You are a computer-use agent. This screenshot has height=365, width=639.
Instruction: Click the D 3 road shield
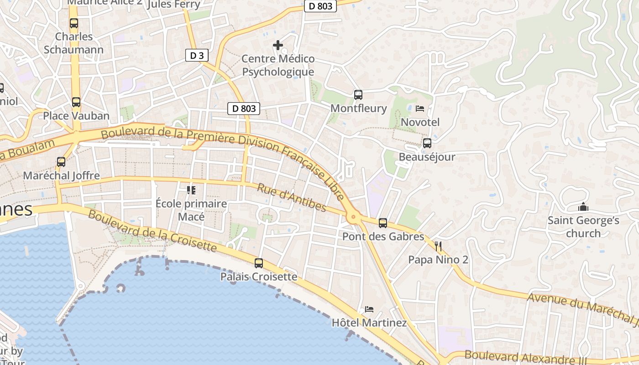(197, 56)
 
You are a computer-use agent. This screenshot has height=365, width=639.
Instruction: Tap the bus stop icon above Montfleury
(358, 95)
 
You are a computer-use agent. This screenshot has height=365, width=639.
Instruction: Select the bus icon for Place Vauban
(76, 102)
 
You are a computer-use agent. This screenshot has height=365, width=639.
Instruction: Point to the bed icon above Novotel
(420, 109)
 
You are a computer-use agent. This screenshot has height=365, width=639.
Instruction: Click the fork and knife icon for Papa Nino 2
(438, 246)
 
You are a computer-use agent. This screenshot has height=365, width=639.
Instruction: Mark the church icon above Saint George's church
(583, 207)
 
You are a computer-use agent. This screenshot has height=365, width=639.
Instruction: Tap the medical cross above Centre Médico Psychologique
(278, 45)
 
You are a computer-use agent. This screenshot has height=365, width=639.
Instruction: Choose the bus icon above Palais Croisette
(259, 263)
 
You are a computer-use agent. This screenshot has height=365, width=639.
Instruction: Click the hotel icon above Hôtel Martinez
(369, 309)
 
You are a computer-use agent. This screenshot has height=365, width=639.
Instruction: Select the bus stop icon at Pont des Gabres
(383, 223)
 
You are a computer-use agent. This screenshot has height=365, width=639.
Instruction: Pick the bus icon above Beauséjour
(427, 143)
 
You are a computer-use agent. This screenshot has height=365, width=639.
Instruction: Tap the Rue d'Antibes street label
(292, 198)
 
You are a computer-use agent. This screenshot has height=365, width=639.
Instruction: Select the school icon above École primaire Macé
(191, 190)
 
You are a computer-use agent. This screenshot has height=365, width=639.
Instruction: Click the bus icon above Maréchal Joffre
(61, 162)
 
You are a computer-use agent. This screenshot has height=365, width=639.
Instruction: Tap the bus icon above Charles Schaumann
(74, 23)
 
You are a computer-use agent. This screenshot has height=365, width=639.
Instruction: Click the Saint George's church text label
(583, 227)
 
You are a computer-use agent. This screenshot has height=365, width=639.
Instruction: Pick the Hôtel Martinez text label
(369, 323)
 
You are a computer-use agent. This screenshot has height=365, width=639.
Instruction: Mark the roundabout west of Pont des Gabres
(352, 218)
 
